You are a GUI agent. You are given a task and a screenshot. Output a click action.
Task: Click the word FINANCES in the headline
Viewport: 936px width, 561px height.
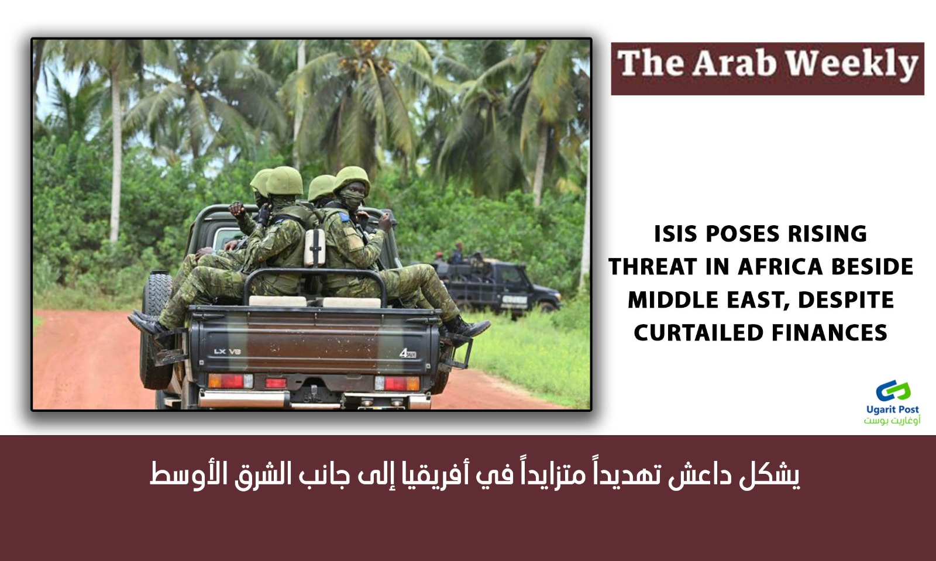(830, 333)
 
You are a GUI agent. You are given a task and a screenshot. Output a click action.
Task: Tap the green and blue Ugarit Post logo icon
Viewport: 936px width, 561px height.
(893, 391)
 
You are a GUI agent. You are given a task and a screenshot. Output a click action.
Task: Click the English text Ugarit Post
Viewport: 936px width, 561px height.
(893, 409)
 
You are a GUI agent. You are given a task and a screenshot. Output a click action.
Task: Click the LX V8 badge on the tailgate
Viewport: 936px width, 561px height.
(228, 352)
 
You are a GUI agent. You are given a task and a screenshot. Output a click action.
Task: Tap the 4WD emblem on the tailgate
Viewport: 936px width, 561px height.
(408, 354)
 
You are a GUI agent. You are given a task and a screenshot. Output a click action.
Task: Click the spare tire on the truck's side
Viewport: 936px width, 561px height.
(157, 330)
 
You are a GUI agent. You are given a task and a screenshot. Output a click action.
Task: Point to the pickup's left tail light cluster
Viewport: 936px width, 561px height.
(230, 381)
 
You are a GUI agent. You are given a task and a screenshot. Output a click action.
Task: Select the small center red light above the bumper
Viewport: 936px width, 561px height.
(276, 383)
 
